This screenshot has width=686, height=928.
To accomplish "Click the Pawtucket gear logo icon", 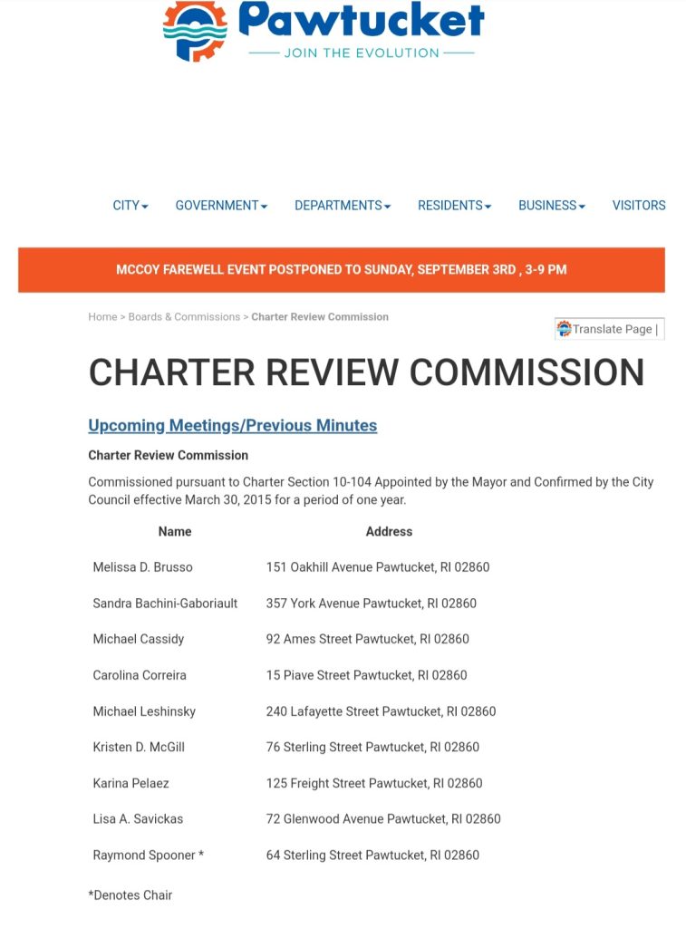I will pos(195,29).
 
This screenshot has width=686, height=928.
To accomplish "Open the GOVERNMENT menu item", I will pos(221,206).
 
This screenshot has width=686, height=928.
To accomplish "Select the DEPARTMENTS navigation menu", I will pos(342,206).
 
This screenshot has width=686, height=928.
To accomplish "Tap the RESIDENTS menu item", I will pos(454,206).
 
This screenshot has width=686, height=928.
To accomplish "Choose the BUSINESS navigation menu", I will pos(551,206).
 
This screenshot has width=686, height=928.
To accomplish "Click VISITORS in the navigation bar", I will pos(638,206).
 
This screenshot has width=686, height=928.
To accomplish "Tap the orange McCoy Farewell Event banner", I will pos(342,270).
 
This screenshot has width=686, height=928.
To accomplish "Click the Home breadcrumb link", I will pos(102,317).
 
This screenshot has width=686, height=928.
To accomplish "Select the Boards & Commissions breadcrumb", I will pos(184,317).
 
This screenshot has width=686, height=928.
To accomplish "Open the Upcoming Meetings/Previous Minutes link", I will pos(232,425).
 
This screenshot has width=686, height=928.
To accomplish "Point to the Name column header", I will pos(175,532).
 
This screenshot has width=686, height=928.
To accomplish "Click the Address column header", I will pos(389,532).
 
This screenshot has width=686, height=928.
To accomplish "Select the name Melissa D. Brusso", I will pos(142,567).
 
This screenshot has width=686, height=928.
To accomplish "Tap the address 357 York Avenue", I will pos(371,604).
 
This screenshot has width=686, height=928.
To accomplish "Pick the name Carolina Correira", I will pos(140,675).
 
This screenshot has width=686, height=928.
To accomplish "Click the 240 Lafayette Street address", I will pos(381,711).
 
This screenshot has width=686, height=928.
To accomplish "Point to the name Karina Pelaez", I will pos(130,783).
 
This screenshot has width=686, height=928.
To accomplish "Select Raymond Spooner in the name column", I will pos(144,855).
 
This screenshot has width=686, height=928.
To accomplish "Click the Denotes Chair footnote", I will pos(130,895).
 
